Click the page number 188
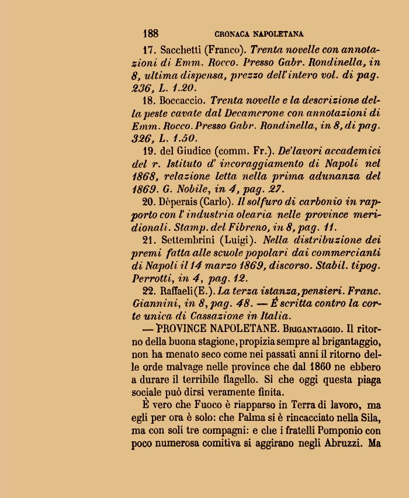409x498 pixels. [150, 33]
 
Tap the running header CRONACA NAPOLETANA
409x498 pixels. [259, 34]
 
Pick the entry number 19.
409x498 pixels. [148, 151]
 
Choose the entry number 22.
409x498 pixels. [149, 290]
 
